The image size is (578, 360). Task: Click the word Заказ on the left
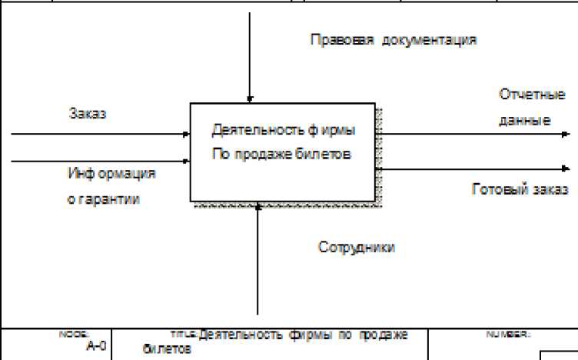point(85,114)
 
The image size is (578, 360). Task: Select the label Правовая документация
point(394,38)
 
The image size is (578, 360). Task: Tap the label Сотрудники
point(357,247)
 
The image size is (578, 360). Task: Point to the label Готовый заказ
point(520,189)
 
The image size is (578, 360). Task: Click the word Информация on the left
point(111,174)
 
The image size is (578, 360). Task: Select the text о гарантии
point(104,200)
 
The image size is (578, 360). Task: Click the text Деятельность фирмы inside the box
point(284,130)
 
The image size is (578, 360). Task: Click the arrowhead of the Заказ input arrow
point(187,134)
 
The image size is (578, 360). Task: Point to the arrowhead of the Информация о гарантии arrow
point(187,162)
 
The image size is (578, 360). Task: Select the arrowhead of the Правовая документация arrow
point(249,99)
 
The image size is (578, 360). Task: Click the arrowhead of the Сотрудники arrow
point(258,205)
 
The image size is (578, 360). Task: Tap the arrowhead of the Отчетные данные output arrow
point(566,134)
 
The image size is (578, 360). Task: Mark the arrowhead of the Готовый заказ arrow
point(566,168)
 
